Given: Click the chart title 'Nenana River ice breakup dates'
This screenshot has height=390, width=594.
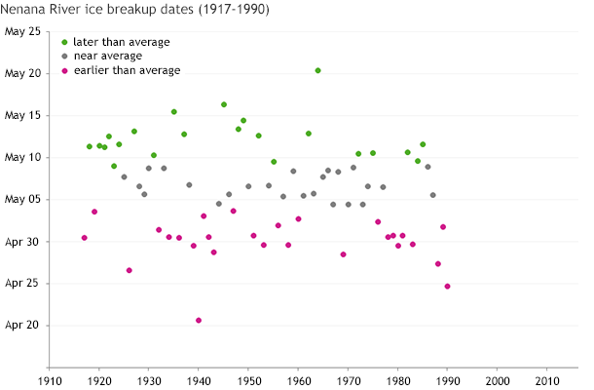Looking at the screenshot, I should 136,10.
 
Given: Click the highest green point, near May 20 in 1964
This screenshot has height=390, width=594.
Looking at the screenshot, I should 317,70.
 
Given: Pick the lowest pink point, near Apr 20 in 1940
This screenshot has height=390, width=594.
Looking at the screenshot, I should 199,321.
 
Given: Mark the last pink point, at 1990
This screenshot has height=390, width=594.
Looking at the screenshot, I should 447,287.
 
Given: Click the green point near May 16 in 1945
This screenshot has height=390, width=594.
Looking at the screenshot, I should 224,104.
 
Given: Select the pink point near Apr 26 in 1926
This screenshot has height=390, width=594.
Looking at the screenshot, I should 130,270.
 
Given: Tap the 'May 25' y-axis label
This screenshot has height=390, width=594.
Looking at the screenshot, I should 23,31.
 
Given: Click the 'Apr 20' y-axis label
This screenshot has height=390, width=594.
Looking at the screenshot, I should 24,326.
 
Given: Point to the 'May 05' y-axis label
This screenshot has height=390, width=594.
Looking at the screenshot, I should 23,200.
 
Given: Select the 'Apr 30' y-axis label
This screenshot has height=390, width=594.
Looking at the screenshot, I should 24,242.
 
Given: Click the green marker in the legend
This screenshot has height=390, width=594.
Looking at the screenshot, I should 64,42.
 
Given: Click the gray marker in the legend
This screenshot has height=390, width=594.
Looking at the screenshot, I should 64,56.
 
